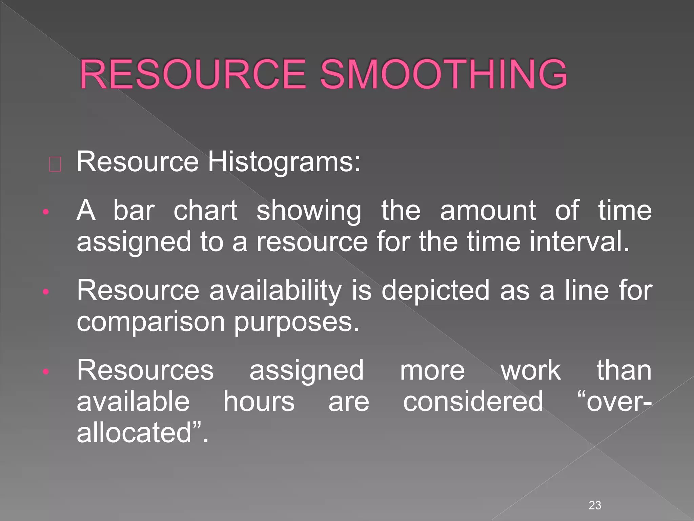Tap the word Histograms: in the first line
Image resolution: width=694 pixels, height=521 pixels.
click(284, 162)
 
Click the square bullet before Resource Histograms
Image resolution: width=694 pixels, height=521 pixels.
click(55, 165)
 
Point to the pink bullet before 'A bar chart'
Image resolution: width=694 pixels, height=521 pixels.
click(46, 213)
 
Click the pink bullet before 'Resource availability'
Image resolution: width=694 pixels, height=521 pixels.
click(46, 292)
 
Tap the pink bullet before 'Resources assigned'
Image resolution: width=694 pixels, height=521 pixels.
click(46, 372)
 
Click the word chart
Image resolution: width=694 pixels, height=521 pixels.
click(205, 211)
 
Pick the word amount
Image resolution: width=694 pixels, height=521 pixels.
click(488, 211)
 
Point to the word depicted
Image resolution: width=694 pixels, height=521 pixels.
click(435, 291)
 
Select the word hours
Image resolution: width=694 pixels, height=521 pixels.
click(259, 402)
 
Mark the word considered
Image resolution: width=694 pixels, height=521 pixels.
click(473, 402)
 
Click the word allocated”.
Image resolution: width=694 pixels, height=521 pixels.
click(142, 433)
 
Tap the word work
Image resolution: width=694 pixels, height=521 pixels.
click(531, 370)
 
